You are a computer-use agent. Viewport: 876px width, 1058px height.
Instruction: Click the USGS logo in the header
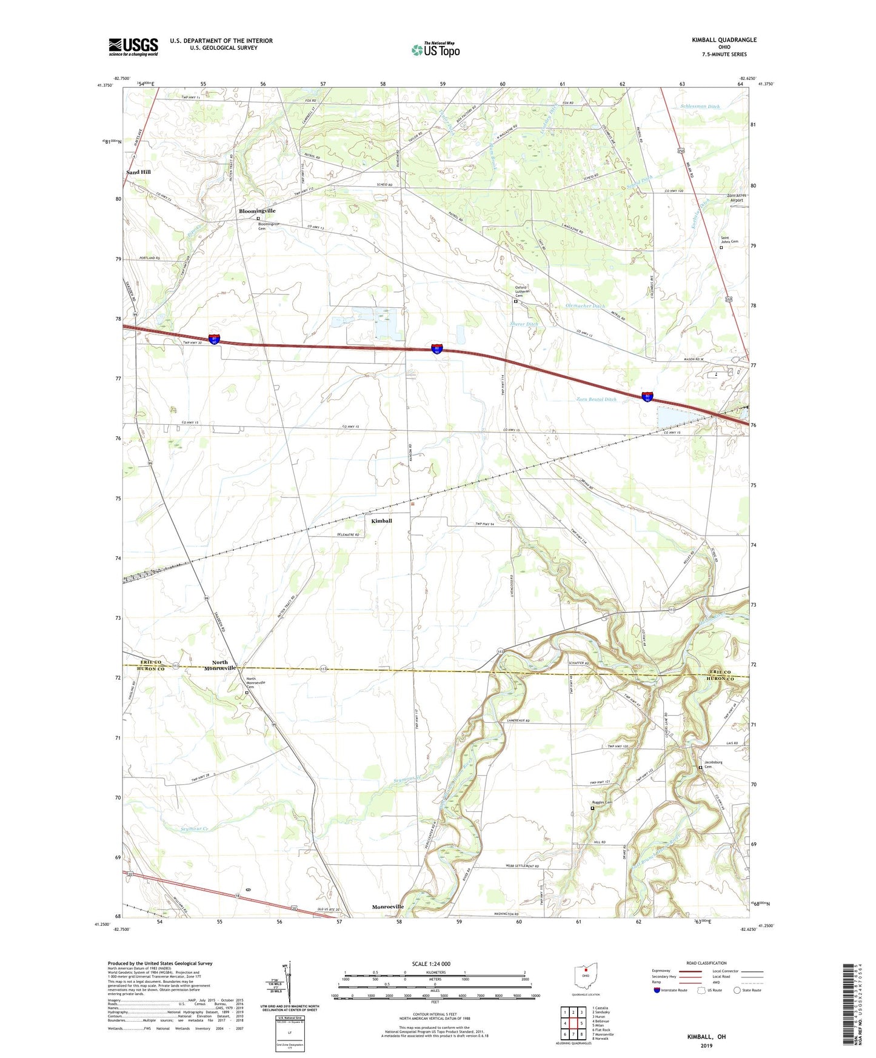click(133, 46)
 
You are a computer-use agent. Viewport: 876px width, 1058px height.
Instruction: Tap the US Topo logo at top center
click(435, 50)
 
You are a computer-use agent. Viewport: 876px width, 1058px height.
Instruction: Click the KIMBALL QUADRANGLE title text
click(724, 40)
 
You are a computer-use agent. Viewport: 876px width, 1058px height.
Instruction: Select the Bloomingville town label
click(257, 211)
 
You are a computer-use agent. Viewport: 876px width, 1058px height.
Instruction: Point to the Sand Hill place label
click(138, 172)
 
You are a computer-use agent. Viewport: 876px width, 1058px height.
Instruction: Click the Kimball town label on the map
click(381, 521)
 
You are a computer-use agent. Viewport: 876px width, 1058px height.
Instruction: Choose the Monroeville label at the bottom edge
click(387, 907)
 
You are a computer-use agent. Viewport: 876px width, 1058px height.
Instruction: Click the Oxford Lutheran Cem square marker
click(516, 301)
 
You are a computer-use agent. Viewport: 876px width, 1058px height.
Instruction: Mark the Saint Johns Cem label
click(729, 240)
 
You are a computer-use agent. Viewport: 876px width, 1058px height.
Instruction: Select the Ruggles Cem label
click(602, 803)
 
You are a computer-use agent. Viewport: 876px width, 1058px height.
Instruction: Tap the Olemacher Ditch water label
click(585, 306)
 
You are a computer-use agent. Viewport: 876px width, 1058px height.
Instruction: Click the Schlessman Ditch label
click(700, 106)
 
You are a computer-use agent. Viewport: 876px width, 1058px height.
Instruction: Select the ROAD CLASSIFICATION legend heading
click(706, 963)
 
